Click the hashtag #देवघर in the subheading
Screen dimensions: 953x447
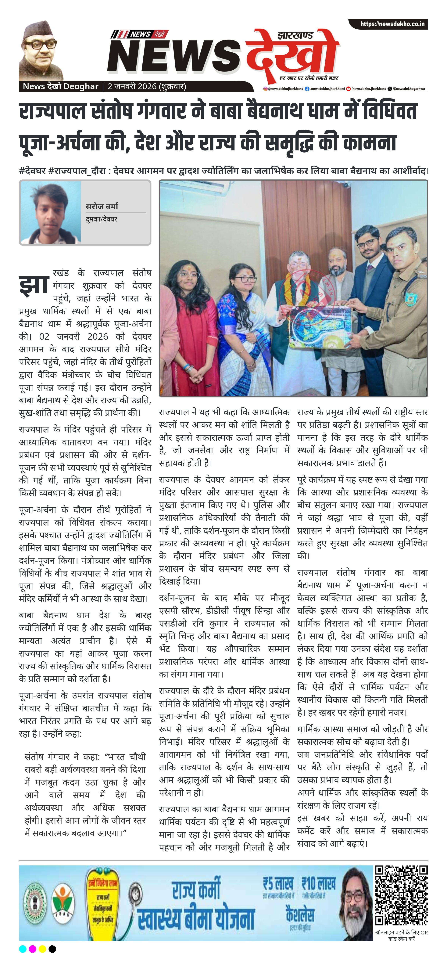click(32, 171)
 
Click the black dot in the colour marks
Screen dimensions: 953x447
click(52, 949)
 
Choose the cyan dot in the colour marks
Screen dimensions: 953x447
click(23, 949)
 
